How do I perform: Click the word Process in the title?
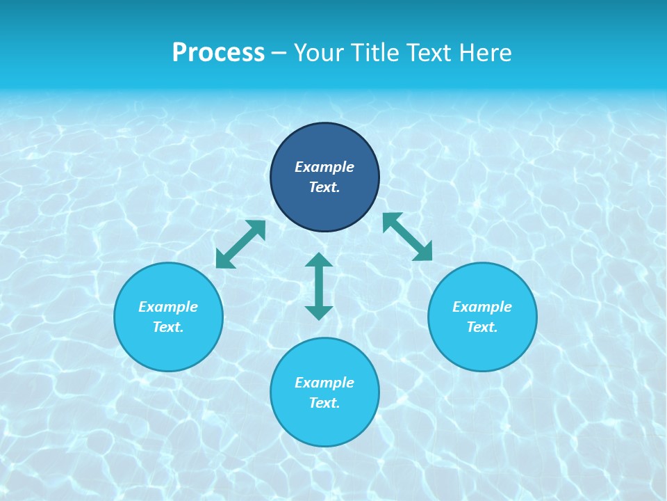pos(218,53)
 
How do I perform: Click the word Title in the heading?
pos(372,53)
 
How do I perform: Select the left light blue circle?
pos(168,348)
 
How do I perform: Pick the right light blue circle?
pos(482,348)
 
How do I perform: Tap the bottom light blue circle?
pos(324,424)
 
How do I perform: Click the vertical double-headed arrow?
pos(319,286)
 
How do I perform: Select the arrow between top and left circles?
pos(240,244)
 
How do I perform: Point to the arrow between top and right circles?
pos(408,237)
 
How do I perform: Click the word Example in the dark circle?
pos(324,167)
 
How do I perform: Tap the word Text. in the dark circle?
pos(324,187)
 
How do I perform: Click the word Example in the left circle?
pos(168,307)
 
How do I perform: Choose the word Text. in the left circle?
pos(168,327)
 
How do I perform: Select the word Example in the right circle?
pos(482,307)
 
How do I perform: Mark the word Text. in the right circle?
pos(482,327)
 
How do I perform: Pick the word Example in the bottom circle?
pos(324,383)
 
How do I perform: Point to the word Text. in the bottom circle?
pos(324,403)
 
